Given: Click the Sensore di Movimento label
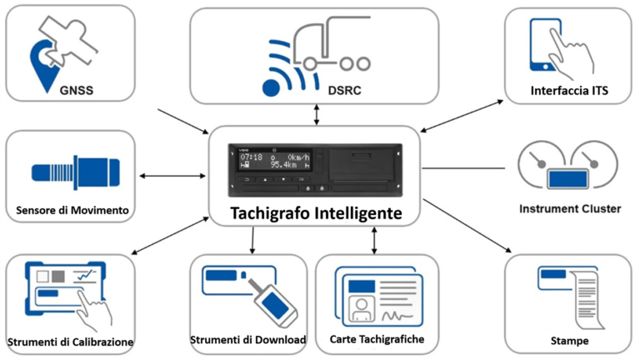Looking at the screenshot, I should [72, 211].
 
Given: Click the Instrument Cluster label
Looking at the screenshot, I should [569, 208].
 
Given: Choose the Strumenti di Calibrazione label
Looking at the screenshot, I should [70, 342].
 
